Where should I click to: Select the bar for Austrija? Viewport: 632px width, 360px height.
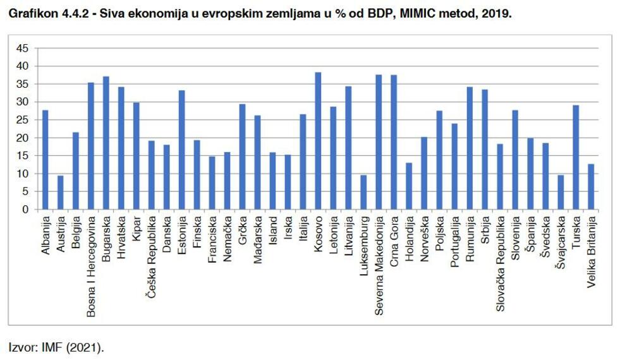(x=61, y=192)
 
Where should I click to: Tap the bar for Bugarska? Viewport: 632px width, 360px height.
(x=106, y=143)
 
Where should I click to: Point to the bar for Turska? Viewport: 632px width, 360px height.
(x=576, y=157)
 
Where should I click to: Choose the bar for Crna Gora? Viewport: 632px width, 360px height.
(x=394, y=142)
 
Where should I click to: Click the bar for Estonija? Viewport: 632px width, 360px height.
(x=182, y=150)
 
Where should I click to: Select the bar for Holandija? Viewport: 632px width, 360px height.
(x=409, y=186)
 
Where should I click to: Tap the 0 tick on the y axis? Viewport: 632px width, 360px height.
(x=25, y=210)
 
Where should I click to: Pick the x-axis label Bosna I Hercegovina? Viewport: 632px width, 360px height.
(x=91, y=267)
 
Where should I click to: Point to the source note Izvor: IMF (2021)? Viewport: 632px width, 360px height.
(x=56, y=347)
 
